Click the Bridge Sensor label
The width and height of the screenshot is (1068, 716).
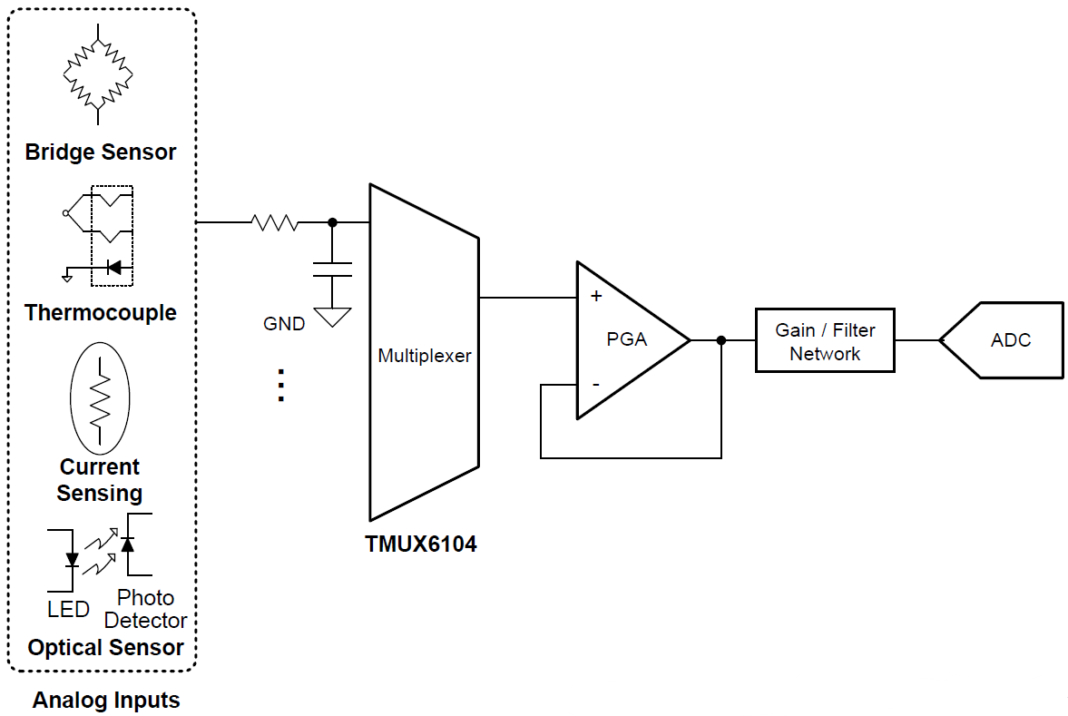tap(100, 152)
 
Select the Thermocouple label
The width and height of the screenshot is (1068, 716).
tap(100, 313)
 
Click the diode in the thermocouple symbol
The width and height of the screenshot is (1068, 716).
tap(113, 267)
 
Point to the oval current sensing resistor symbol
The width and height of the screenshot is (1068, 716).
tap(100, 397)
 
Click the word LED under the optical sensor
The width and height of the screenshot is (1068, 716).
tap(69, 609)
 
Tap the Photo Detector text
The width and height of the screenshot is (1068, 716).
tap(145, 610)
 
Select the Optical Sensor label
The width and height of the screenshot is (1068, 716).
tap(105, 648)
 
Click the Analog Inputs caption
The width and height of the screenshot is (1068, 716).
tap(106, 701)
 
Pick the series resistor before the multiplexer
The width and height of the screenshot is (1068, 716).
tap(274, 222)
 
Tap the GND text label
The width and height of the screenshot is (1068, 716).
tap(284, 323)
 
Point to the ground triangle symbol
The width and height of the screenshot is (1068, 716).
tap(331, 318)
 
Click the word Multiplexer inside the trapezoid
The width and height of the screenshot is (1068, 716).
tap(424, 356)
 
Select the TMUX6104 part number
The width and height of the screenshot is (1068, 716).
tap(420, 544)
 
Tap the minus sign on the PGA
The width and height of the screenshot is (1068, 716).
tap(596, 385)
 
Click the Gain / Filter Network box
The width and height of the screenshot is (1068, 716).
tap(824, 341)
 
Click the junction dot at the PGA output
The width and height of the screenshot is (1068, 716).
tap(721, 340)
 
